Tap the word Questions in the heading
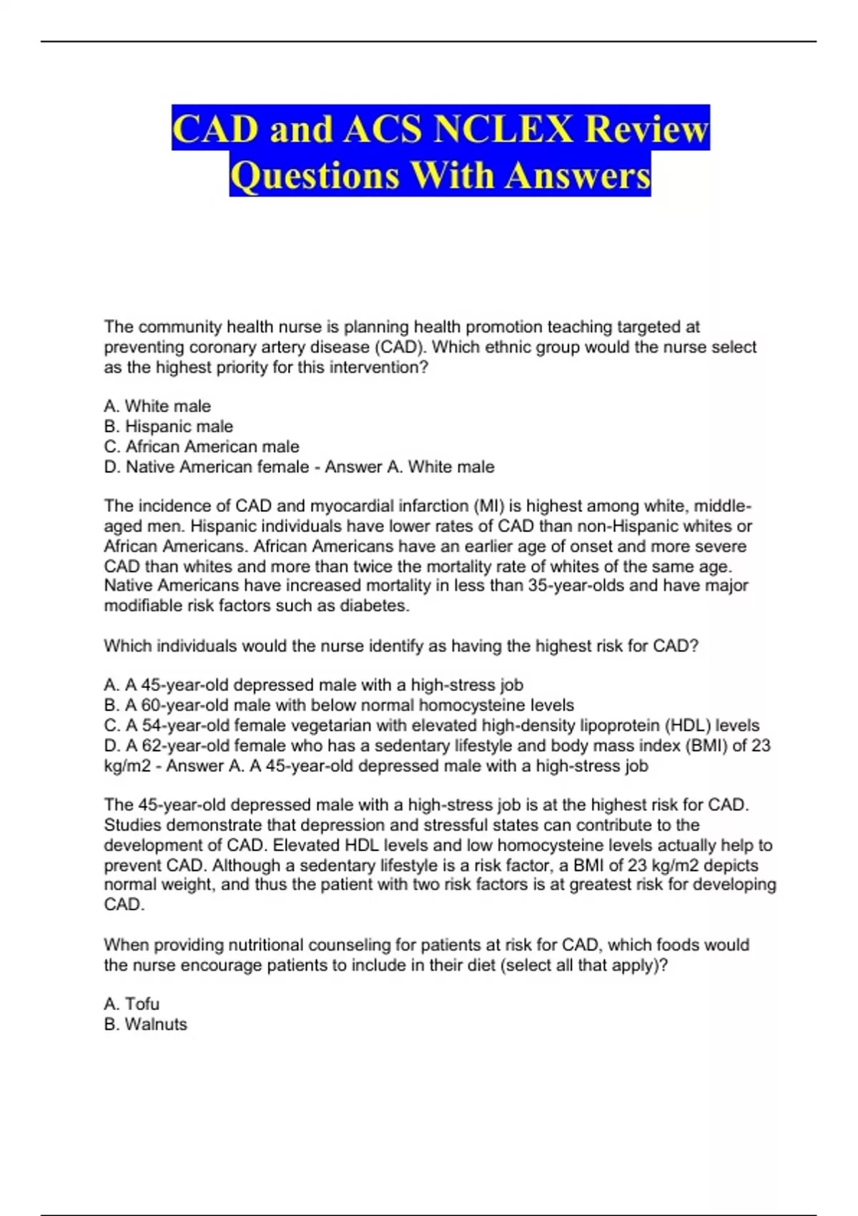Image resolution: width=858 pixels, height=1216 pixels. pos(315,175)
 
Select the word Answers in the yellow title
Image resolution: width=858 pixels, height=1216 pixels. pos(578,175)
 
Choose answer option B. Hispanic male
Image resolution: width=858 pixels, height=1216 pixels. pos(169,426)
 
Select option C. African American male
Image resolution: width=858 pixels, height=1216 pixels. pos(202,446)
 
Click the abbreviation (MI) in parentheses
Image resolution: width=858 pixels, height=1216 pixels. pos(488,506)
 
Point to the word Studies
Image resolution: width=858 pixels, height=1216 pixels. pos(132,825)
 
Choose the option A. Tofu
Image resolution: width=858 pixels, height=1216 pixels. pos(132,1004)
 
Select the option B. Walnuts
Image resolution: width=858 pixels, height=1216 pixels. pos(145,1024)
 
